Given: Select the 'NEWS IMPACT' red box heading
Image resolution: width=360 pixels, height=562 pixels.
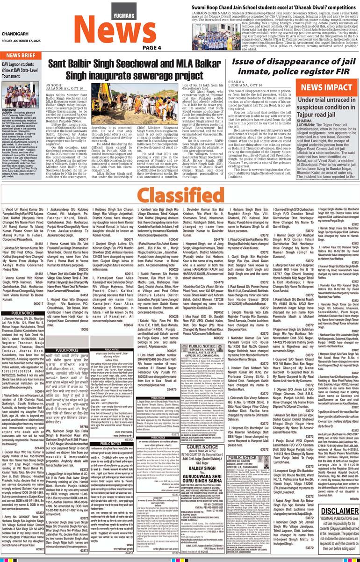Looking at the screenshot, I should pyautogui.click(x=327, y=87).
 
